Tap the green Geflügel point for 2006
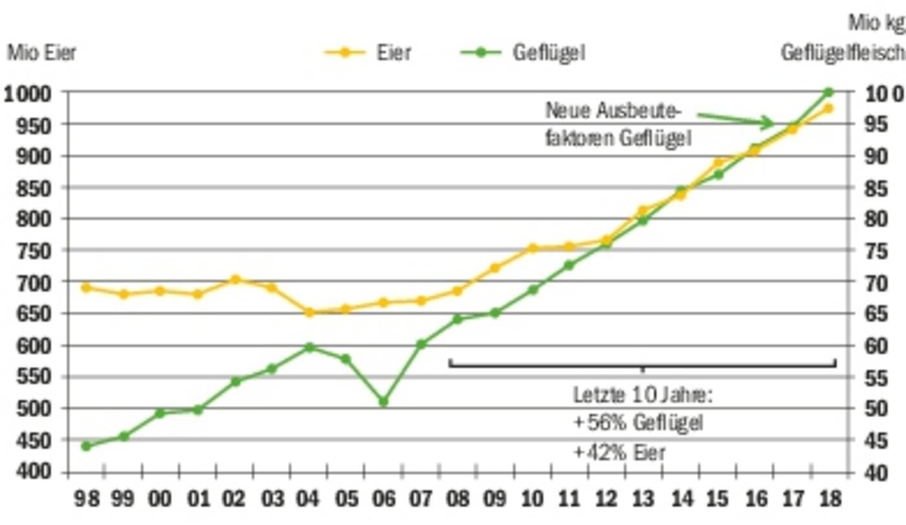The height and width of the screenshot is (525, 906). (x=383, y=402)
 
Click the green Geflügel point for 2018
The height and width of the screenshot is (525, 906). (x=828, y=93)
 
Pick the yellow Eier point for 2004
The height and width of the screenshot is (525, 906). (x=309, y=312)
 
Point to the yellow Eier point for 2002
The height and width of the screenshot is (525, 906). (x=236, y=280)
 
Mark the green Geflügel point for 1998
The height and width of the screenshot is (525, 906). (x=86, y=446)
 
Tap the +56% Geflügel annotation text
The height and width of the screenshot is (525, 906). (x=637, y=423)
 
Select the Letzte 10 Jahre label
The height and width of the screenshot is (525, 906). (x=643, y=394)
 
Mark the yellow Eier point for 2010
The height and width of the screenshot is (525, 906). (x=532, y=248)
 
